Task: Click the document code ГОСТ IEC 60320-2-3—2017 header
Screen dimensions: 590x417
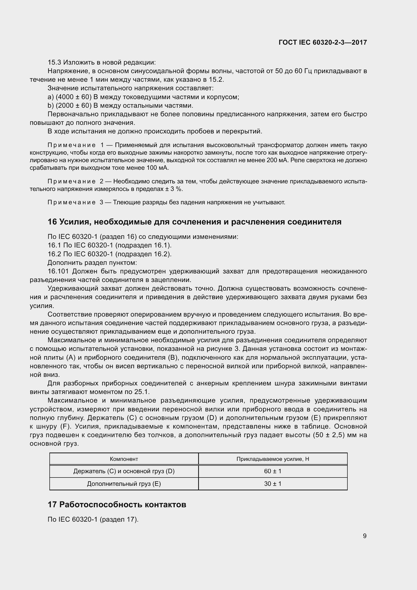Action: (x=322, y=42)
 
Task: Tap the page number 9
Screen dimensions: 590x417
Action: (x=365, y=536)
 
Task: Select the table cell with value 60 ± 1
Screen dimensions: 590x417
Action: (x=273, y=471)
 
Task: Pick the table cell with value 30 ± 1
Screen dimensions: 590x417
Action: (x=273, y=484)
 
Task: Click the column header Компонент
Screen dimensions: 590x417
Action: (x=124, y=459)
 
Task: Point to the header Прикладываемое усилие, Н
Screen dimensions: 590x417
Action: (x=273, y=459)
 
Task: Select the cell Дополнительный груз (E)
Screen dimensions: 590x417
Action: (x=124, y=484)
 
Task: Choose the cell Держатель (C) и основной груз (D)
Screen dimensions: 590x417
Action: (x=124, y=471)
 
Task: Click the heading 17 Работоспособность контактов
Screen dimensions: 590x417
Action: (x=117, y=504)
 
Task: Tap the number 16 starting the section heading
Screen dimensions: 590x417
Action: (x=52, y=222)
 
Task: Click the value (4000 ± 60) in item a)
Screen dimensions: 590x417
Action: (x=74, y=97)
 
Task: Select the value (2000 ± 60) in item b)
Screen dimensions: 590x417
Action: (x=74, y=106)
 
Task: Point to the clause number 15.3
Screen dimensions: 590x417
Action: (x=54, y=63)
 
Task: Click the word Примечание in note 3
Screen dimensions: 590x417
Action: (x=72, y=203)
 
